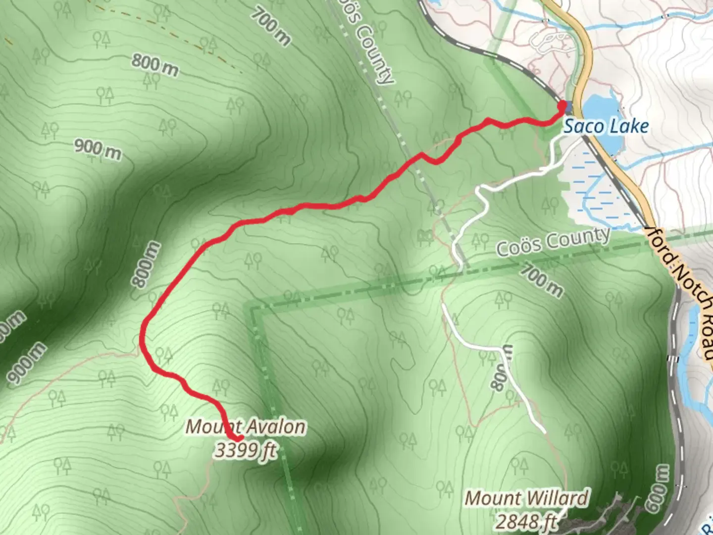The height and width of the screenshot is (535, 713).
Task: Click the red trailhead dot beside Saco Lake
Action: (x=562, y=105)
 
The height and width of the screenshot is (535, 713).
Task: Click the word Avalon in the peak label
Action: (x=276, y=427)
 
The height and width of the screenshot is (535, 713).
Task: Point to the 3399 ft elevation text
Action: (x=245, y=450)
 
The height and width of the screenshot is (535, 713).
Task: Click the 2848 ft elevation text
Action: (x=526, y=522)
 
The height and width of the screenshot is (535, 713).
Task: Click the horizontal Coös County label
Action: (x=553, y=241)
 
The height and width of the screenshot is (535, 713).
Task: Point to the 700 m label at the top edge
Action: (x=270, y=27)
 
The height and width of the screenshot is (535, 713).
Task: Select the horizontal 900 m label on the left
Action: (x=98, y=149)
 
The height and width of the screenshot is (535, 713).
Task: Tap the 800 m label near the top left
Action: (x=154, y=65)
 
